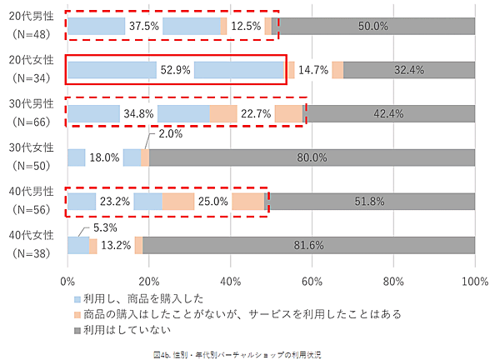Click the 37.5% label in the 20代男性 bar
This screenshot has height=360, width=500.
point(144,26)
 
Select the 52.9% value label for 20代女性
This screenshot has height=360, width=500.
point(175,70)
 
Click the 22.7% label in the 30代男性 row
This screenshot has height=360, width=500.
point(256,113)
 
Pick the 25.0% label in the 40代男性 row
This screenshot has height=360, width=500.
point(213,201)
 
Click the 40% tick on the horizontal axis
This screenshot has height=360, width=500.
point(231,280)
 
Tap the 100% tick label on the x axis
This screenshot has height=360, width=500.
point(474,280)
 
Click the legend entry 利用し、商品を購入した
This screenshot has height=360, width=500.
point(137,298)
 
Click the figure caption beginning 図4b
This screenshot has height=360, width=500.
point(249,353)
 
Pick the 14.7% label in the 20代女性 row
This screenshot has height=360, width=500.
point(313,70)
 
